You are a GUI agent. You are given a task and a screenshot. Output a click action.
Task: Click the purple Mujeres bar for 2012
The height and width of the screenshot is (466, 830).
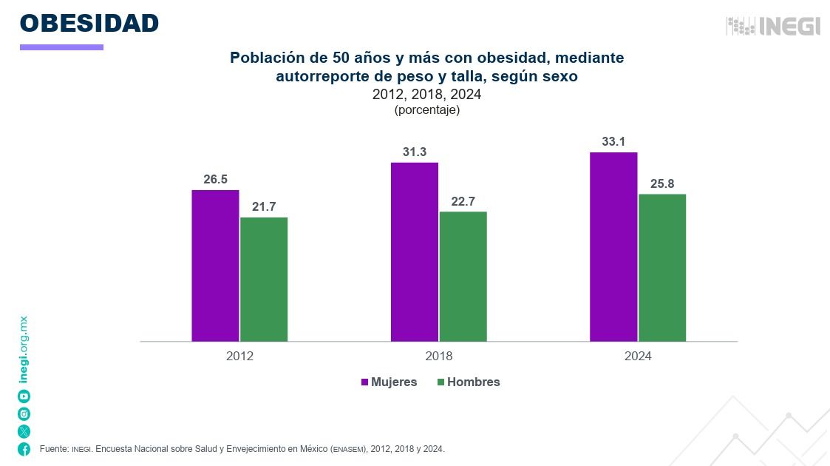tap(215, 266)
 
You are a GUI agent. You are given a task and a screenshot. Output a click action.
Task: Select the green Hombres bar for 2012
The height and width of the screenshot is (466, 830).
tap(264, 279)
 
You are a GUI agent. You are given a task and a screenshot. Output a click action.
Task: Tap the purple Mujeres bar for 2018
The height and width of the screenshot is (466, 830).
tap(415, 251)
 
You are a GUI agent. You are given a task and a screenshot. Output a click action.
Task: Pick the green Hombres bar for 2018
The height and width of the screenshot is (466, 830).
tap(463, 276)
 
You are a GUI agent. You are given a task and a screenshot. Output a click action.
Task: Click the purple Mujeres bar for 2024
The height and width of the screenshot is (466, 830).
tap(613, 246)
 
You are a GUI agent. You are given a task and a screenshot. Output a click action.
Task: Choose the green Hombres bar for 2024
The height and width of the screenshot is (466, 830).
tap(662, 267)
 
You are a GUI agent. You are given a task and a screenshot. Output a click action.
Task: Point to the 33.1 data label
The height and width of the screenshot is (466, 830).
tap(613, 141)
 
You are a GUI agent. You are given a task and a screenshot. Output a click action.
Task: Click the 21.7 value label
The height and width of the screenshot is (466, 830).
tap(264, 206)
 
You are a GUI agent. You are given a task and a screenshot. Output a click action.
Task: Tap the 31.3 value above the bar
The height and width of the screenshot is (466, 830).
tap(415, 152)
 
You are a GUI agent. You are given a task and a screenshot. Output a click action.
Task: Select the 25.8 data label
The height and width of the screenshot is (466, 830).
tap(662, 183)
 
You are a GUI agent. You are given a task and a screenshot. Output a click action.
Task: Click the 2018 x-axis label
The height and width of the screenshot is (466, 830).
tap(439, 356)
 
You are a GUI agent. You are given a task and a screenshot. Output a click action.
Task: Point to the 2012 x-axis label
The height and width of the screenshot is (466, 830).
tap(239, 356)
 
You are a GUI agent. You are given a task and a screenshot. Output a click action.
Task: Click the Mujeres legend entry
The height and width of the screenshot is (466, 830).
tap(389, 382)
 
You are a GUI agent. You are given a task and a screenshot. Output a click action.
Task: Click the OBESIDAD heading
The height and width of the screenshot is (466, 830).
tap(89, 23)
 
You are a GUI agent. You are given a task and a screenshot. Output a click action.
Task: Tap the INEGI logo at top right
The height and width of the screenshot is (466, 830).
tap(773, 26)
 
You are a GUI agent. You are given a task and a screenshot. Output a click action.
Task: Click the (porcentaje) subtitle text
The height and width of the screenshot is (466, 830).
tap(427, 109)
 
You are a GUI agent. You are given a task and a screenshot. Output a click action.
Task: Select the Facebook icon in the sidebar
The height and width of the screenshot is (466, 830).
tap(24, 449)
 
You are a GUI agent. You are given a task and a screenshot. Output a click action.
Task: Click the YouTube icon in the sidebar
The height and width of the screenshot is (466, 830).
tap(24, 396)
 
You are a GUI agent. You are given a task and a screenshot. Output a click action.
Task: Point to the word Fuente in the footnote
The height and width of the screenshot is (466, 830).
tap(53, 449)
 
